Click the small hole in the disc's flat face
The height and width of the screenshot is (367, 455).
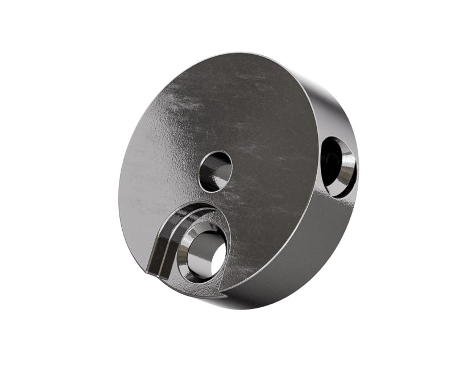pyautogui.click(x=216, y=171)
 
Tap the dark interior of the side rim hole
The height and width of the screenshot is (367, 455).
pyautogui.click(x=331, y=160)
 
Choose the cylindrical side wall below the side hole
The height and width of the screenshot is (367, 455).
pyautogui.click(x=318, y=245)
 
